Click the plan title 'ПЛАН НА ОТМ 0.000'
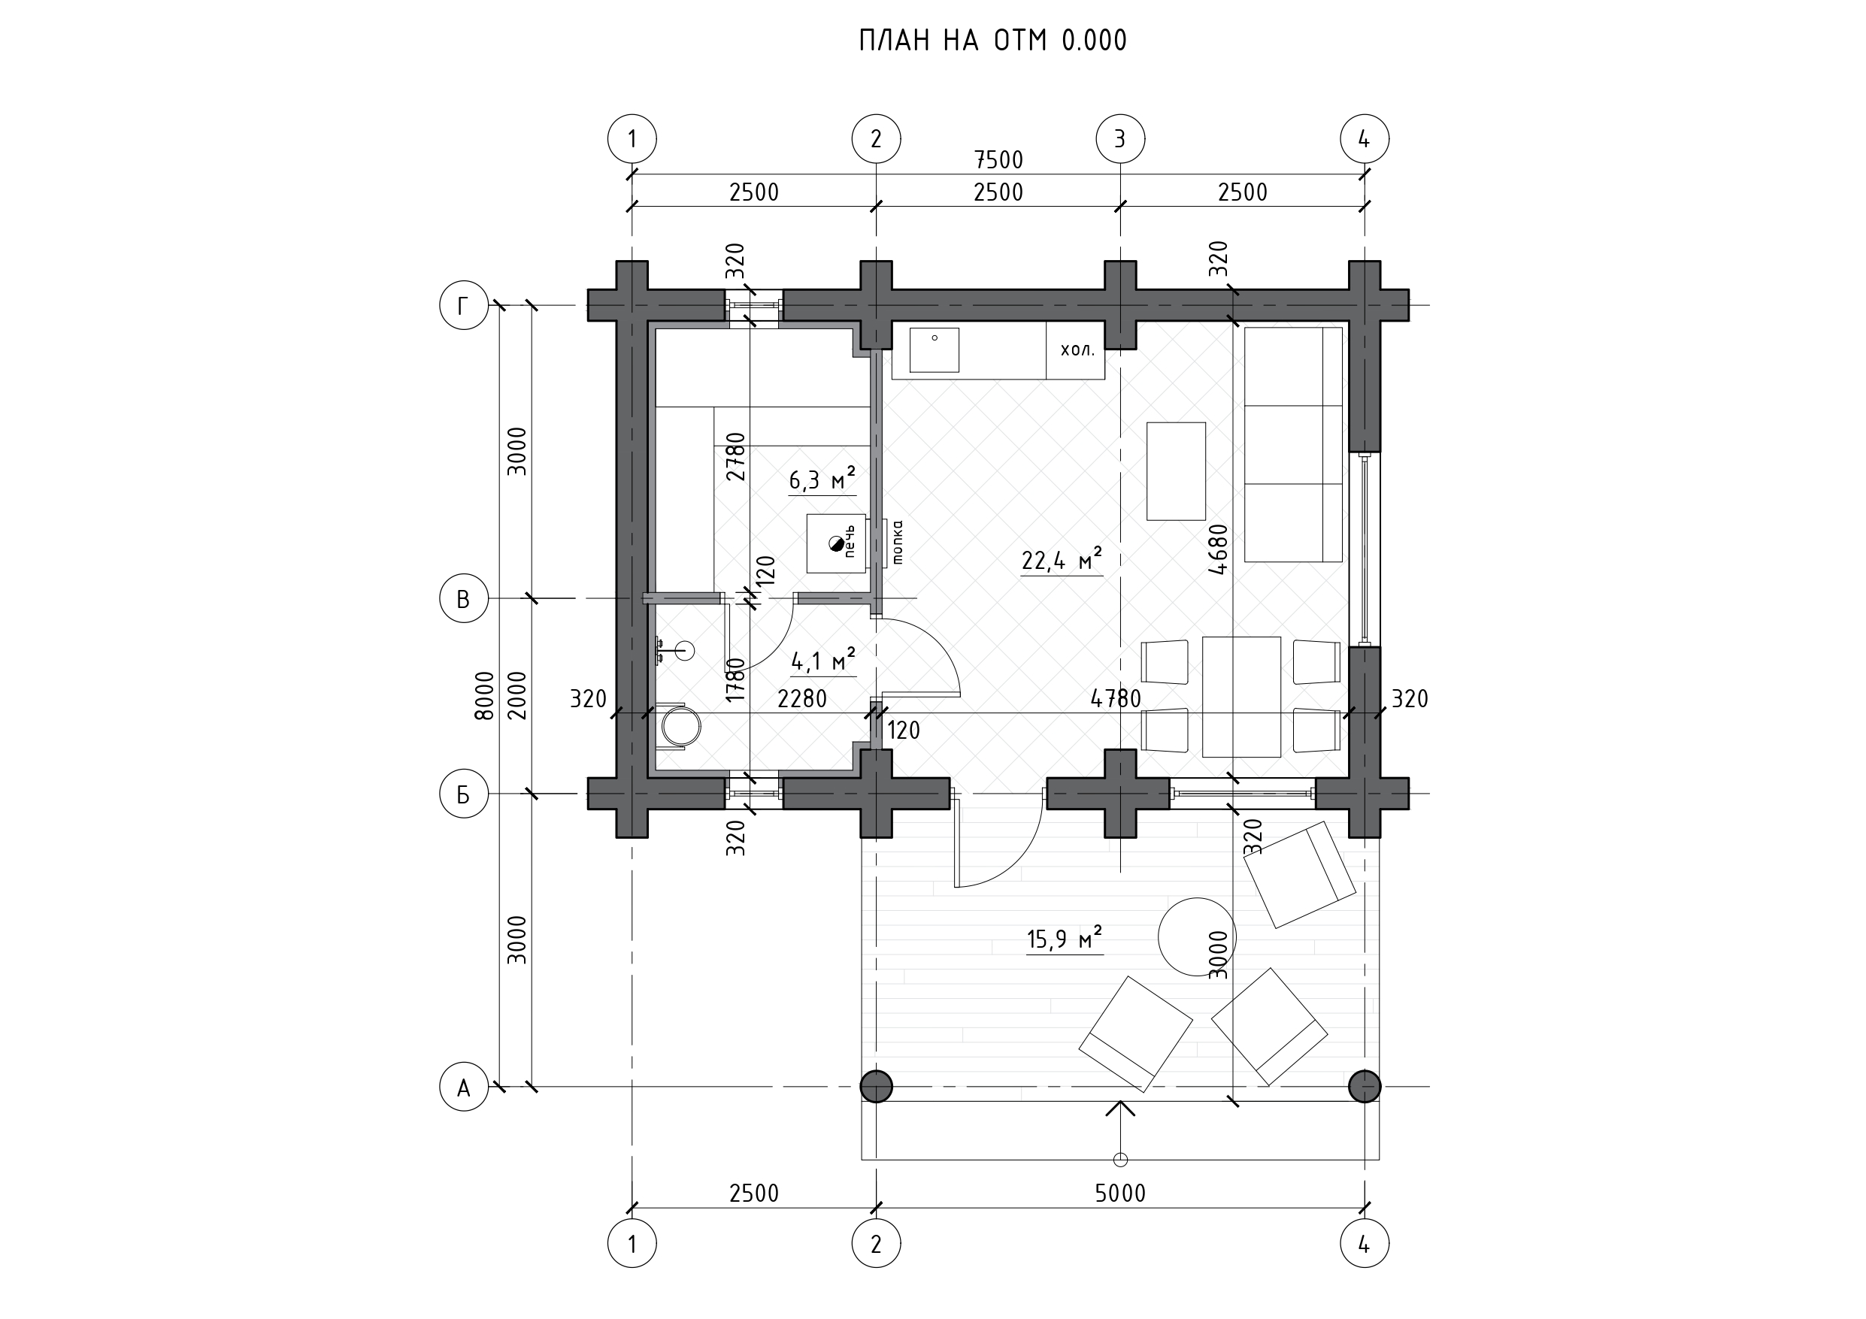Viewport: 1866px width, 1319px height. pos(993,41)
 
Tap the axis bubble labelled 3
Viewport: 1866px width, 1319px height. pos(1120,139)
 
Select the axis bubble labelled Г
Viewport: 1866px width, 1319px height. pos(463,306)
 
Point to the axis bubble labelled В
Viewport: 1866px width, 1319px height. pos(463,599)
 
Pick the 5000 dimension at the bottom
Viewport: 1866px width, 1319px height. pos(1120,1193)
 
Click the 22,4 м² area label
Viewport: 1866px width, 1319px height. pos(1062,560)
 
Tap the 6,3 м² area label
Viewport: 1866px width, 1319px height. pos(822,480)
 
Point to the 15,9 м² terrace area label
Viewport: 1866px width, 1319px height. pos(1065,939)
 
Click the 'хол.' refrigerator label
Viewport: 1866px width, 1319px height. pos(1077,350)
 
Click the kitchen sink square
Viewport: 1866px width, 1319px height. pos(934,350)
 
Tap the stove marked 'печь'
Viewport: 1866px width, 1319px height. pos(836,543)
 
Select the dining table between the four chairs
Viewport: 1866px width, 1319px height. pos(1241,697)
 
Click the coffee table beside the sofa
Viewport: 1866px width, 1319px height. pos(1176,471)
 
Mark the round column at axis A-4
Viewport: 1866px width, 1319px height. pos(1364,1087)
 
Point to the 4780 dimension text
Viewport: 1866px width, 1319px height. pos(1116,699)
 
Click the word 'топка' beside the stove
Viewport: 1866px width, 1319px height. pos(897,542)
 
